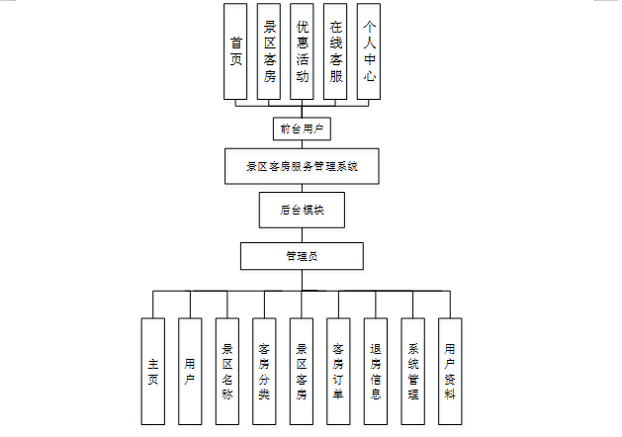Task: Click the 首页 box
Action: [236, 51]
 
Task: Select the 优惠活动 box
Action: [303, 51]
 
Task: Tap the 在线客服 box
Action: [336, 51]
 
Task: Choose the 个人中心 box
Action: [369, 51]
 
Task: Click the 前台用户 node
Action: [302, 129]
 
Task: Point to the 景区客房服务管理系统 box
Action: [302, 167]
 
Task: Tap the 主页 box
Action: [153, 371]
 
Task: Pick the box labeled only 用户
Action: [190, 371]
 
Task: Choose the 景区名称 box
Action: [227, 371]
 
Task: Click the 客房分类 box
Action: [264, 371]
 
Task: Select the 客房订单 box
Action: [339, 371]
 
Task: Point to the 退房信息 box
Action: [376, 371]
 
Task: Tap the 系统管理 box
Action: [413, 371]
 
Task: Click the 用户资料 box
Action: [450, 371]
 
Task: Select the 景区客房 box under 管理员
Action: [302, 371]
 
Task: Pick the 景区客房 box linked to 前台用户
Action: [269, 51]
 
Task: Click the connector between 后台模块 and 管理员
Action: [302, 235]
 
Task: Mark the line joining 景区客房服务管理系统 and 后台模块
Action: [302, 188]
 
